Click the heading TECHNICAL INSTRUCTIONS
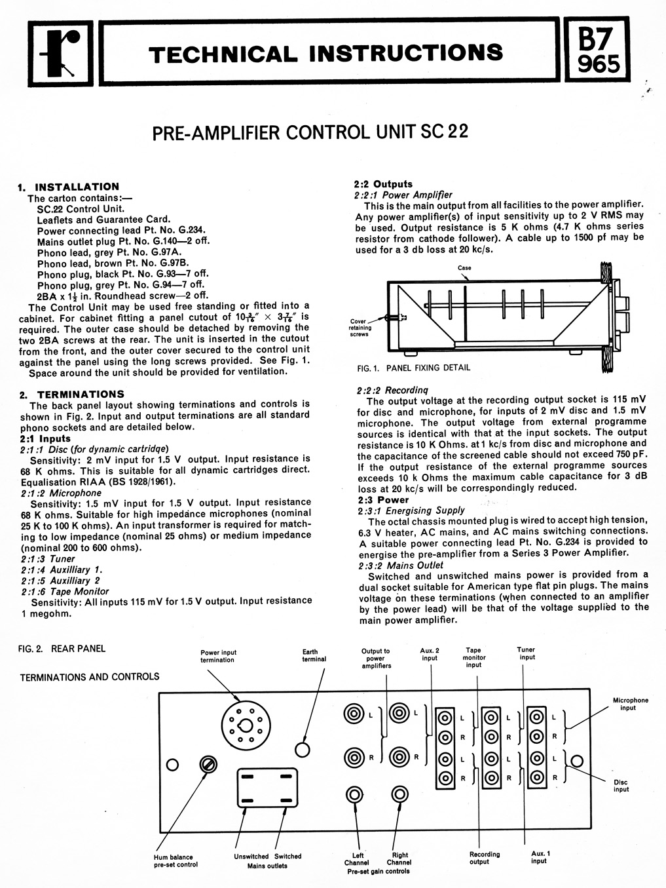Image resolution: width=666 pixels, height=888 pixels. point(326,52)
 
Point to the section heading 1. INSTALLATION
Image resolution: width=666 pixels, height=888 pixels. point(69,187)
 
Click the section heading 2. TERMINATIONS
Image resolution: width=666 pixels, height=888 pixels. point(72,394)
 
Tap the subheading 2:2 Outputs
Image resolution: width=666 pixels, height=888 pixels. point(383,184)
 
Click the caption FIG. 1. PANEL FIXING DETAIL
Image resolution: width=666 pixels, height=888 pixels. point(414,368)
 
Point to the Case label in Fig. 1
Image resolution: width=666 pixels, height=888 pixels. point(464,268)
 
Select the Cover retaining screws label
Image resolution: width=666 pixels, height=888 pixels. point(361,328)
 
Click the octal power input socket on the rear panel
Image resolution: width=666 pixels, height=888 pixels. point(246,724)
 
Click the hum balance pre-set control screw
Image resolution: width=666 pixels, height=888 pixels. point(210,764)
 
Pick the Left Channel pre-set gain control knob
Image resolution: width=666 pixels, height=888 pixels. point(354,795)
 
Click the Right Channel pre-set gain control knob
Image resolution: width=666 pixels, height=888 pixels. point(399,795)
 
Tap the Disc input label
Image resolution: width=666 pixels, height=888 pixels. point(621,785)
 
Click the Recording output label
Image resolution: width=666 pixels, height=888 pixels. point(485,858)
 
